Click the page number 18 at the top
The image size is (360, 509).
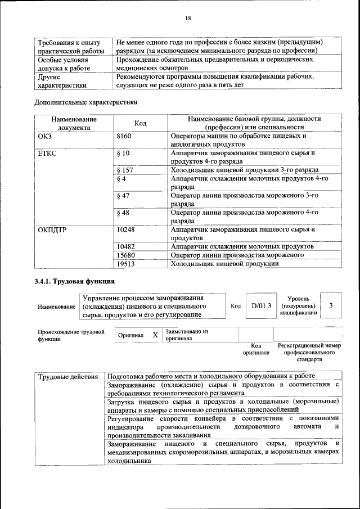tap(188, 19)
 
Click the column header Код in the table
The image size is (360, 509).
tap(141, 123)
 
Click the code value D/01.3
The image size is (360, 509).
tap(261, 306)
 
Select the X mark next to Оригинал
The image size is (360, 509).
tap(155, 335)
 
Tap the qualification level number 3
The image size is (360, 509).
tap(331, 305)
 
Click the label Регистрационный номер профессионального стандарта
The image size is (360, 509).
tap(309, 352)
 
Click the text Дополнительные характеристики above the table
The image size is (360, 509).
tap(85, 103)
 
